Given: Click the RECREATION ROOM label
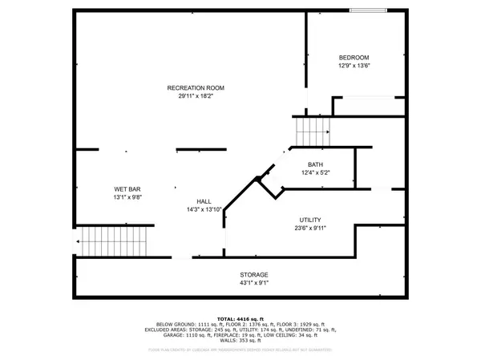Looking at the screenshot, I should click(195, 87).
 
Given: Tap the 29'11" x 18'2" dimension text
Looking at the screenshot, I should click(195, 95).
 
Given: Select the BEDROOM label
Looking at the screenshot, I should click(353, 58).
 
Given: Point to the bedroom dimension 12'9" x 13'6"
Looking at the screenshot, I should click(353, 66).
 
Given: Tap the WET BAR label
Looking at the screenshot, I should click(127, 189).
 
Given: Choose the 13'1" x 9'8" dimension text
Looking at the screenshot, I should click(127, 197).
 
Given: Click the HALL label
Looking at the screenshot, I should click(204, 201).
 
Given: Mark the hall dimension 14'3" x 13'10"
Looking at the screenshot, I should click(204, 209).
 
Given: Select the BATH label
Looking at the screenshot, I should click(315, 164).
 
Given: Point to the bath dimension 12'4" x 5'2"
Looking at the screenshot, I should click(315, 172).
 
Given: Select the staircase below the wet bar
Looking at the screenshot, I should click(115, 239).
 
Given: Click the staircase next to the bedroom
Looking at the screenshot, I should click(312, 131).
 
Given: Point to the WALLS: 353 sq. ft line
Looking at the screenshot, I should click(240, 342).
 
